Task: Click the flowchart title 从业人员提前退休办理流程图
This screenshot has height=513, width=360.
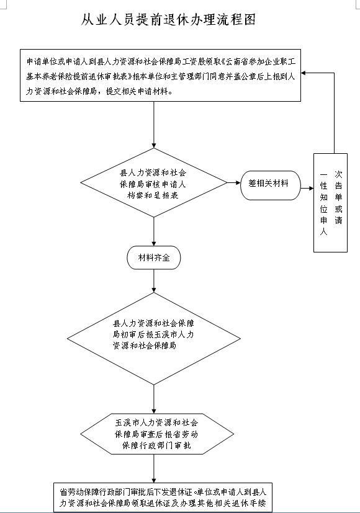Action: (x=168, y=20)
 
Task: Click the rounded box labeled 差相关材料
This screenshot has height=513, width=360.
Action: (x=271, y=185)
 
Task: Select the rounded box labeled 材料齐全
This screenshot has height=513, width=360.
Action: (x=154, y=258)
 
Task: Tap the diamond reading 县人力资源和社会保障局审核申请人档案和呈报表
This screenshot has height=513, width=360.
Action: (x=154, y=182)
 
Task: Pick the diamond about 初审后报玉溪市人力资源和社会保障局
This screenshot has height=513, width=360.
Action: (x=154, y=338)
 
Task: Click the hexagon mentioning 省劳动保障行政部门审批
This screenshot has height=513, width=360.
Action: (x=157, y=434)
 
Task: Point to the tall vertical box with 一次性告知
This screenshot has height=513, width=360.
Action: (x=330, y=203)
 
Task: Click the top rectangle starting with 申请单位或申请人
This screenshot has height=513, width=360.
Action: (x=160, y=75)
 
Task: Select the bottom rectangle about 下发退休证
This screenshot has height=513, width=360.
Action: (x=163, y=497)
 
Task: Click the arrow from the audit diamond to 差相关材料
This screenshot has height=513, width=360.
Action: (x=234, y=182)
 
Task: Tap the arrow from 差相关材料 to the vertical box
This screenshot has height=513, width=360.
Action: (x=307, y=188)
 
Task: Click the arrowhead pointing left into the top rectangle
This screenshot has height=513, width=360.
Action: (x=304, y=73)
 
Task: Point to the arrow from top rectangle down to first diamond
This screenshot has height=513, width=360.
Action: (x=154, y=125)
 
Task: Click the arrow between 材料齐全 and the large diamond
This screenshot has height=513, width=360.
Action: (x=154, y=281)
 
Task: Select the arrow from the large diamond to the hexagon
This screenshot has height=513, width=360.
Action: (x=154, y=399)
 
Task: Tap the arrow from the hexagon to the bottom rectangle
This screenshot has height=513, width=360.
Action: (x=154, y=468)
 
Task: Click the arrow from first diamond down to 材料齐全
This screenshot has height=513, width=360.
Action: (x=154, y=231)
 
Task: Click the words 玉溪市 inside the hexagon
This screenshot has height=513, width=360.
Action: (x=127, y=422)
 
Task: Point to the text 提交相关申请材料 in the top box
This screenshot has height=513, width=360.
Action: (x=137, y=91)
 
